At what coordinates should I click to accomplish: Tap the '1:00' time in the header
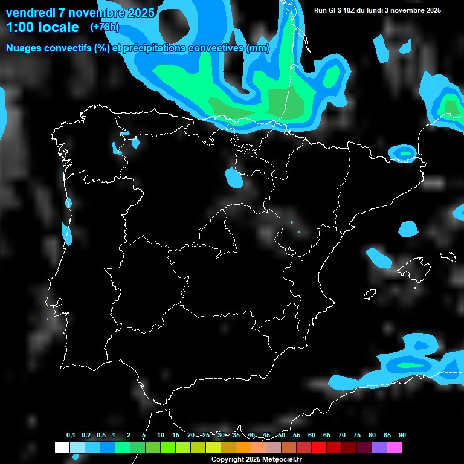pyautogui.click(x=20, y=27)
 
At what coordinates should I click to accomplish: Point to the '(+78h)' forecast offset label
pyautogui.click(x=105, y=27)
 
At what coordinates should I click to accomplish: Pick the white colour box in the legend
pyautogui.click(x=62, y=447)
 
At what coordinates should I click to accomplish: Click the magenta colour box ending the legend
pyautogui.click(x=394, y=447)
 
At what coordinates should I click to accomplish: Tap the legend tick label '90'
pyautogui.click(x=402, y=436)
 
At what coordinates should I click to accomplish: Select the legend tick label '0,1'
pyautogui.click(x=70, y=436)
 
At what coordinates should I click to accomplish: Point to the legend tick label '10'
pyautogui.click(x=160, y=436)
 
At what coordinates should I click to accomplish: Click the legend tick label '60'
pyautogui.click(x=311, y=436)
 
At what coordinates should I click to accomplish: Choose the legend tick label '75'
pyautogui.click(x=356, y=436)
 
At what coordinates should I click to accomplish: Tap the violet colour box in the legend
pyautogui.click(x=379, y=447)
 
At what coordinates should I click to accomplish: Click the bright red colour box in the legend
pyautogui.click(x=318, y=447)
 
